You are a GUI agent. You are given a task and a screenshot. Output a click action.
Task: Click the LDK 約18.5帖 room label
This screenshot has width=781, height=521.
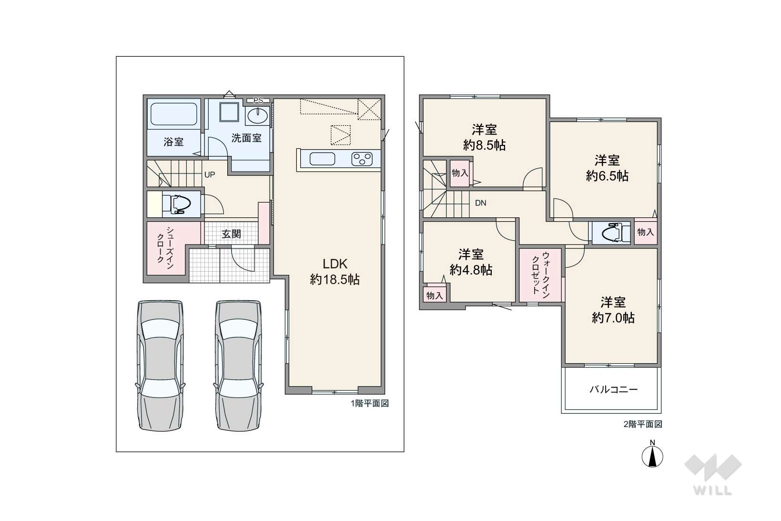(335, 272)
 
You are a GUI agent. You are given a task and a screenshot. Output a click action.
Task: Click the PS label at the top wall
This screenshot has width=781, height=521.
(258, 101)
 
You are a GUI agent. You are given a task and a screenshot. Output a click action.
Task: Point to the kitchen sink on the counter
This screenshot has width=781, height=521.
(322, 159)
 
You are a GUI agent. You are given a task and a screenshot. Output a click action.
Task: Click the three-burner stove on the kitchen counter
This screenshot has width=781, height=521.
(362, 159)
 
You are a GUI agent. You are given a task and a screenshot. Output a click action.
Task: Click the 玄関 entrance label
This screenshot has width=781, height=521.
(231, 234)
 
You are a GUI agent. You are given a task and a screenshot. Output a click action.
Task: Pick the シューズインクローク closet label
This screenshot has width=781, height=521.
(165, 248)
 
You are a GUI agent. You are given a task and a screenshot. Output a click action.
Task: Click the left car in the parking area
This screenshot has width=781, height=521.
(161, 366)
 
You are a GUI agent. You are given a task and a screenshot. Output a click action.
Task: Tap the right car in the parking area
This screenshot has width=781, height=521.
(238, 366)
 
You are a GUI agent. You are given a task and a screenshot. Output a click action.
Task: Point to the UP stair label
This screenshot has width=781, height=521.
(210, 175)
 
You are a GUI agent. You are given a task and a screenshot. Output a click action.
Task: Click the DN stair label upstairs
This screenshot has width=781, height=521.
(480, 203)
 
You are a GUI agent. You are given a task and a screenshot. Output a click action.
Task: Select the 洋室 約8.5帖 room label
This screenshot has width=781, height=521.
(484, 137)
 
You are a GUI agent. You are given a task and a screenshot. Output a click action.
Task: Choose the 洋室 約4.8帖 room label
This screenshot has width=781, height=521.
(471, 262)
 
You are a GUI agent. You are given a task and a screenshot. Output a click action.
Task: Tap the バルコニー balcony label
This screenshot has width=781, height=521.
(613, 389)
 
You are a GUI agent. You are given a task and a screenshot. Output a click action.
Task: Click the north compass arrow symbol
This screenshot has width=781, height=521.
(652, 457)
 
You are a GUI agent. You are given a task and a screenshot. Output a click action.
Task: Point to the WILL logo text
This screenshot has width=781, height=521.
(713, 490)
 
